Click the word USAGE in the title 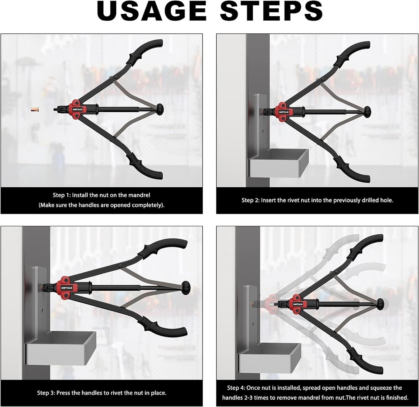(152, 11)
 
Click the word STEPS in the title (271, 11)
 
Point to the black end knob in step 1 (160, 109)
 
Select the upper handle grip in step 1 (145, 51)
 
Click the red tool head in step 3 (64, 288)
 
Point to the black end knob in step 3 (186, 288)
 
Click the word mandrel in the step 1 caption (139, 195)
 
